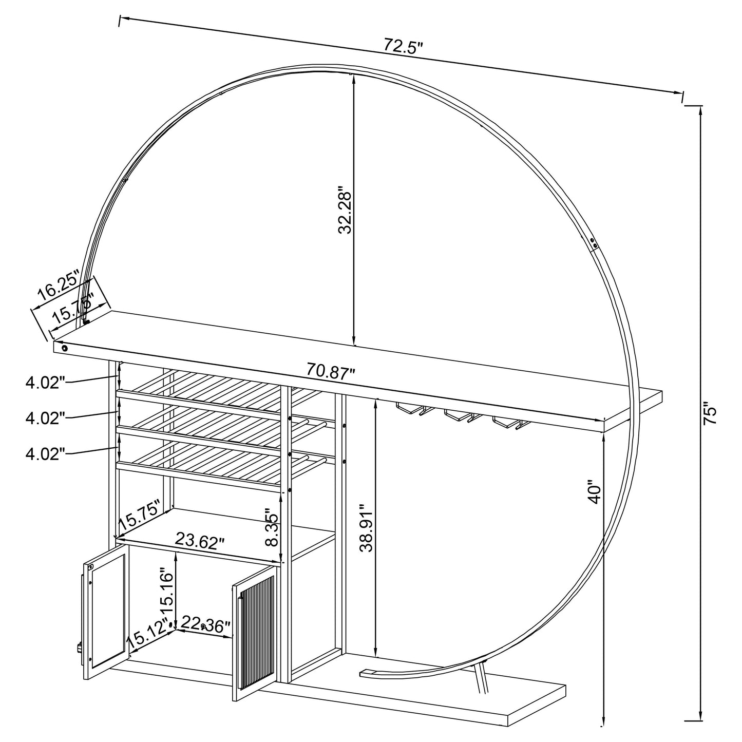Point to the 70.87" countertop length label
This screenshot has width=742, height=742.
pos(331,370)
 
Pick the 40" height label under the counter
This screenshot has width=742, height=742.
pos(595,492)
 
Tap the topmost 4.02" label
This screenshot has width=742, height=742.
pos(45,382)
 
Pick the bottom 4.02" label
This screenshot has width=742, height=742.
pos(45,453)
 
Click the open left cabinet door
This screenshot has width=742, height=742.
pos(105,613)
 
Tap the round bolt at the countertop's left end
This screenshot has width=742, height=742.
pos(65,348)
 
